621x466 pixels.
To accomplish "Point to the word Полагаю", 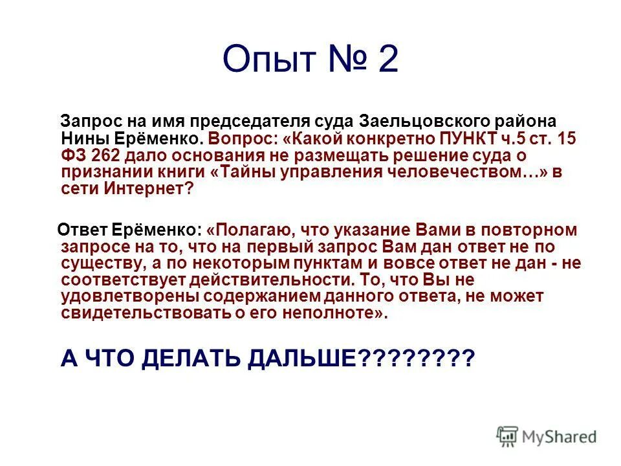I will pyautogui.click(x=253, y=230).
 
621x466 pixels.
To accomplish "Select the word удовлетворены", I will pyautogui.click(x=129, y=297).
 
